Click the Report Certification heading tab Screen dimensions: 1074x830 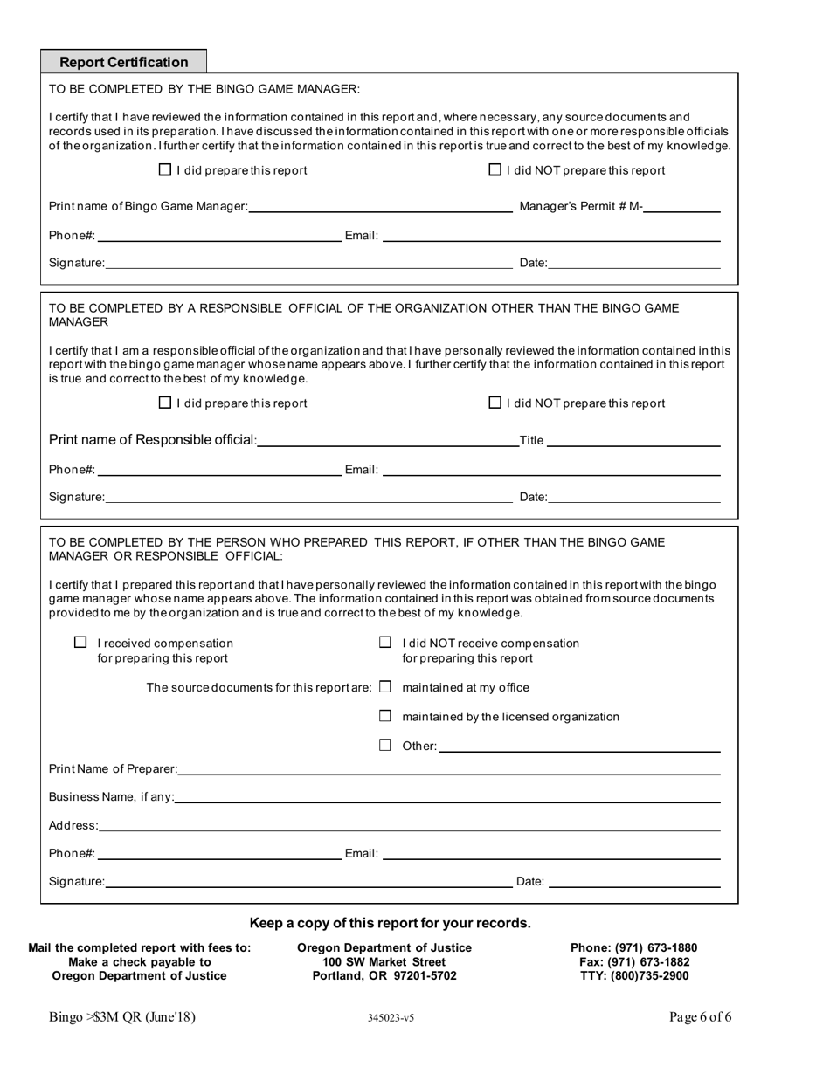123,62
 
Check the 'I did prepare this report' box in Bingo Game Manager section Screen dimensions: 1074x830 165,170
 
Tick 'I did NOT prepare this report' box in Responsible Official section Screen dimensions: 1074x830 495,403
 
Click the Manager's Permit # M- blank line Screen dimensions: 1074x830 682,208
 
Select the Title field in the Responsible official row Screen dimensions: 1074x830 633,441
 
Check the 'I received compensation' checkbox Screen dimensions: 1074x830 81,643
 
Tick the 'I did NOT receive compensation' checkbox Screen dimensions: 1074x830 385,643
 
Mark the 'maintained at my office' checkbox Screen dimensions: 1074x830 385,687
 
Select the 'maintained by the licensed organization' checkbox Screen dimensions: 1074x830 385,716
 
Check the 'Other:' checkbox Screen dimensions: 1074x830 385,746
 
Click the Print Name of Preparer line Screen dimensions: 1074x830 449,769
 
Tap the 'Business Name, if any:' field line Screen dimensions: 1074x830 447,797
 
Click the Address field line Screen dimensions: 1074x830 409,826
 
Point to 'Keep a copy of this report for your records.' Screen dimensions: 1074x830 390,923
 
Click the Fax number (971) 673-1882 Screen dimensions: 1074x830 633,961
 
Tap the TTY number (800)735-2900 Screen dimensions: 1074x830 633,975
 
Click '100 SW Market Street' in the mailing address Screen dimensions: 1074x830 384,961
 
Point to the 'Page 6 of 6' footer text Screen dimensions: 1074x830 700,1016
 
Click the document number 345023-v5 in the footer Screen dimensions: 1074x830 391,1018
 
